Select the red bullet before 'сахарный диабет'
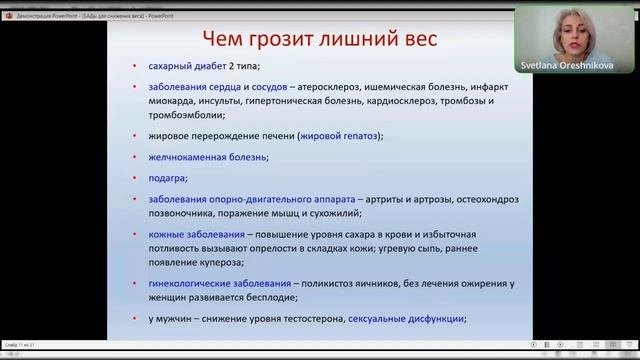(x=137, y=67)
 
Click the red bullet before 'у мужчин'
(x=137, y=319)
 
